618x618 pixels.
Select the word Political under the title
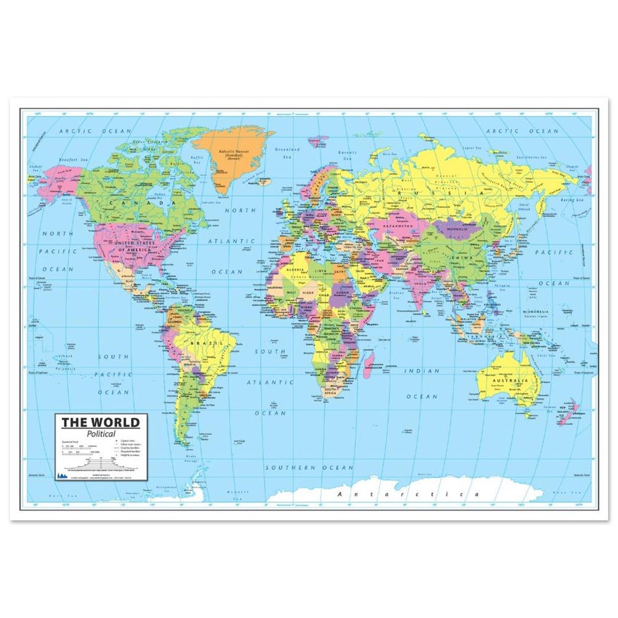point(102,434)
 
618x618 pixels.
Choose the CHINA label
point(459,258)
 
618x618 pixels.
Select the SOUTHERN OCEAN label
point(310,468)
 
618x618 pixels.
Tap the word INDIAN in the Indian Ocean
point(422,371)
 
